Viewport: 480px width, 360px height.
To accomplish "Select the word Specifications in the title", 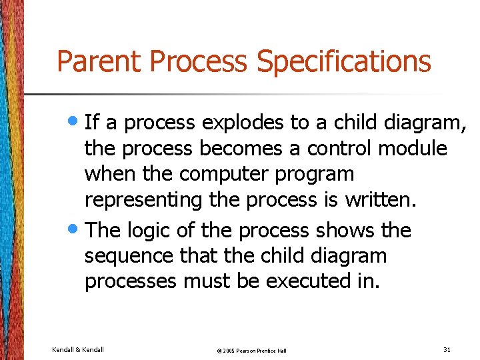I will [343, 62].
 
